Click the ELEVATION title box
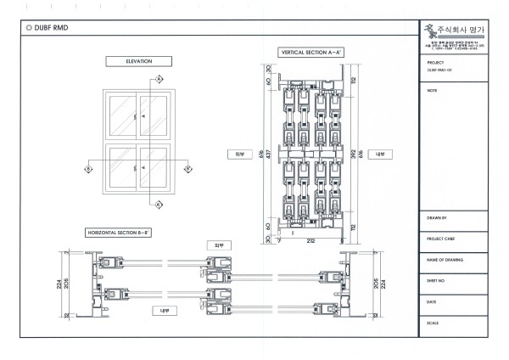tap(137, 61)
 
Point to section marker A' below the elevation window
tap(159, 204)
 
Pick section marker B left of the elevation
tap(87, 169)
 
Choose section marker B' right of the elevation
tap(188, 169)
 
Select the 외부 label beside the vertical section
tap(239, 155)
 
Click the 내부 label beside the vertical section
tap(380, 155)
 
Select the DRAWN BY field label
tap(439, 219)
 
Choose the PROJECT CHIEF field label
tap(443, 239)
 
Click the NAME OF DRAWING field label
tap(445, 260)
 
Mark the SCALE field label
tap(433, 323)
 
